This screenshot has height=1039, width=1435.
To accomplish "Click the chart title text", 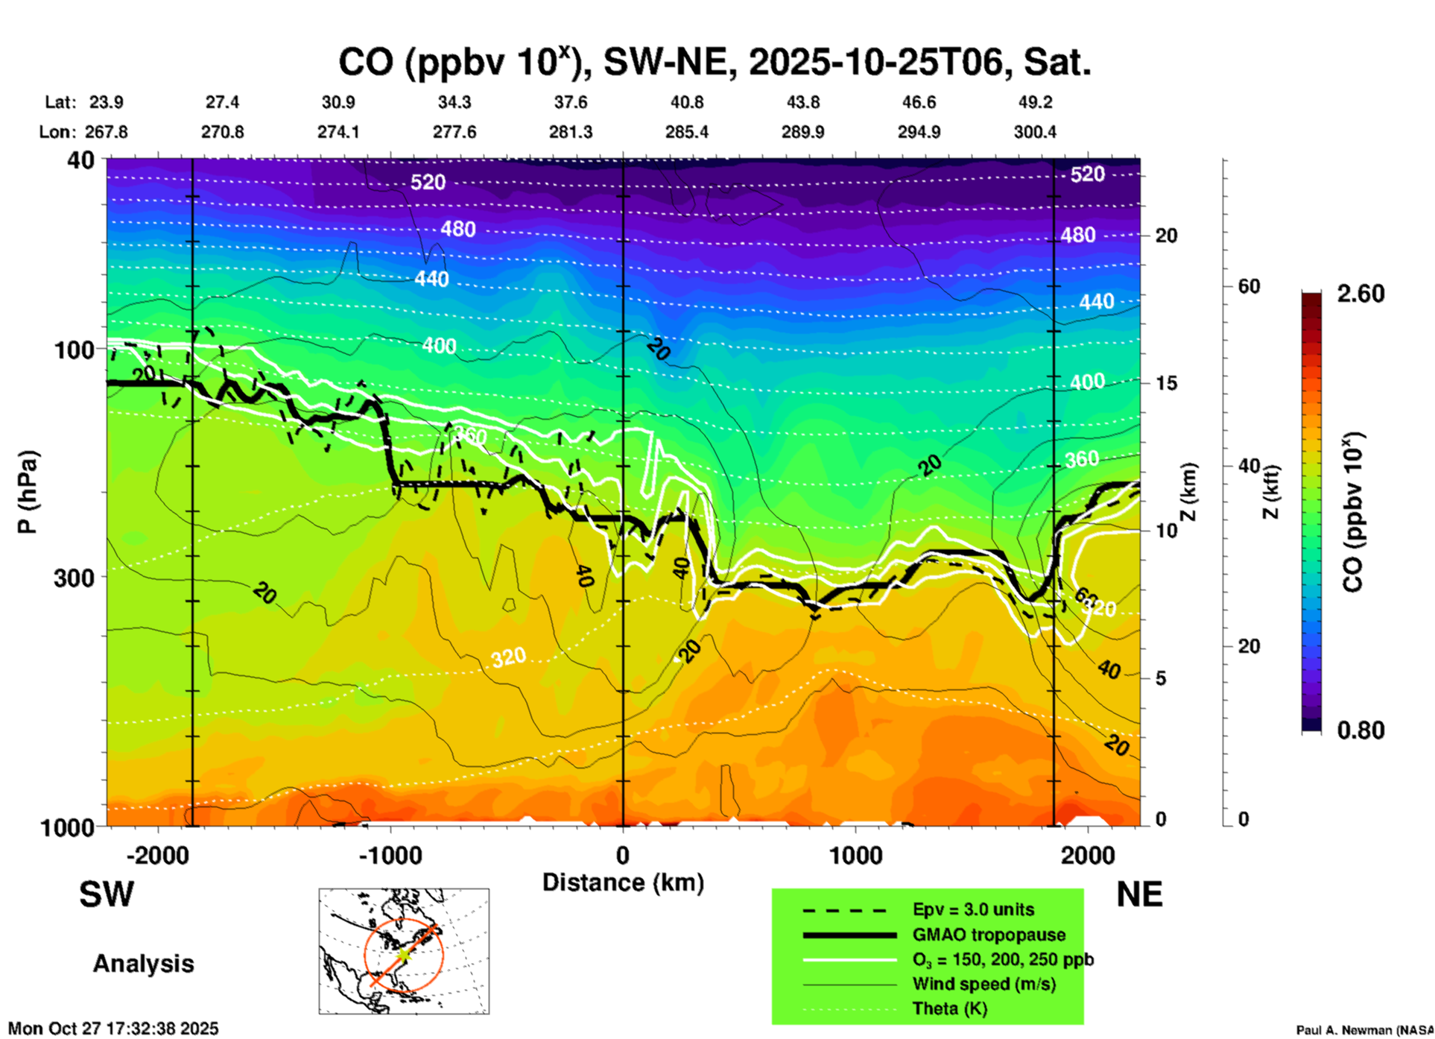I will tap(715, 62).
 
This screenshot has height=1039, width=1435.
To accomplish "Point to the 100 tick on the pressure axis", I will tap(75, 349).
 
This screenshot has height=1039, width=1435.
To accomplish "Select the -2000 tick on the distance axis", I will tap(157, 856).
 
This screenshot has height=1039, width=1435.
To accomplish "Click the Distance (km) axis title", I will tap(623, 882).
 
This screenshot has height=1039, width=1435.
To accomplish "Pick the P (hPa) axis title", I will tap(27, 492).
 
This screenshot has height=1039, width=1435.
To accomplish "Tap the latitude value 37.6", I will tap(571, 102).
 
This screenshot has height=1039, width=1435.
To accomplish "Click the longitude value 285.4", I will tap(687, 132).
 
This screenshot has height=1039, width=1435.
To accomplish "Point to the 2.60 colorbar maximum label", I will tap(1360, 294).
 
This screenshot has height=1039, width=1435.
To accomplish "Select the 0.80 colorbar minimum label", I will tap(1360, 730).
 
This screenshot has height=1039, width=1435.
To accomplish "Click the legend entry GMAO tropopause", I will tap(989, 935).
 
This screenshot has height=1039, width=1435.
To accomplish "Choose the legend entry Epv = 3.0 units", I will tap(973, 909).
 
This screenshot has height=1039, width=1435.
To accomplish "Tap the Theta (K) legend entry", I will tap(949, 1008).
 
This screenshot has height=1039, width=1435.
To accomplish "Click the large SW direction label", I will tap(107, 894).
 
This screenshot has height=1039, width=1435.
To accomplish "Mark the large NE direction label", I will tap(1139, 894).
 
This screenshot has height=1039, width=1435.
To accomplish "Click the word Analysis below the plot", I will tap(143, 964).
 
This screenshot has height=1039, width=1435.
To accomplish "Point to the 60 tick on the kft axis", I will tap(1249, 286).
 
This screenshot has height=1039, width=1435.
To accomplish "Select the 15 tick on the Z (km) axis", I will tap(1166, 383).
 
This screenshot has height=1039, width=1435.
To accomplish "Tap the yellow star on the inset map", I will tap(403, 954).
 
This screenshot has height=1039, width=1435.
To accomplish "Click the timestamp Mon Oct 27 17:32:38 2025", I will tap(113, 1029).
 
